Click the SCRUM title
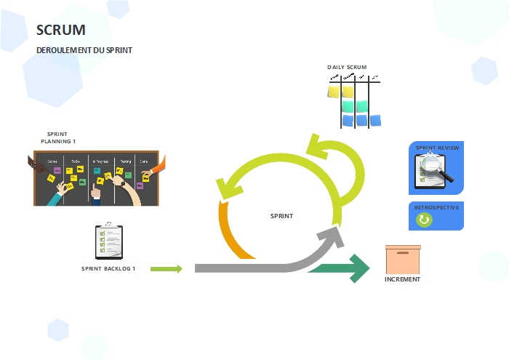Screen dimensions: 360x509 [61, 30]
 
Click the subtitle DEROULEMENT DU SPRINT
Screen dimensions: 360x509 [84, 50]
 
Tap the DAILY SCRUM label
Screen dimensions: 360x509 [347, 67]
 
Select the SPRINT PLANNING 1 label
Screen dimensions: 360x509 [58, 138]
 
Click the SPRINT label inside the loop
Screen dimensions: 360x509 [281, 216]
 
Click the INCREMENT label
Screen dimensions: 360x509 [402, 279]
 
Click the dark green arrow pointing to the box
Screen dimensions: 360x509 [342, 268]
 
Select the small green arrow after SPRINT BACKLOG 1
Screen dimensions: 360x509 [167, 268]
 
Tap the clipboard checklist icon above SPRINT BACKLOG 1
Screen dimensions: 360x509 [108, 241]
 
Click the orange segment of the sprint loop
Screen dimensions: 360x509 [230, 232]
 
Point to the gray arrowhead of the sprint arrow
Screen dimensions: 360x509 [332, 238]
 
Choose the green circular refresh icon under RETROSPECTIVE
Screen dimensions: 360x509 [423, 220]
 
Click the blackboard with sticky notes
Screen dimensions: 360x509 [96, 178]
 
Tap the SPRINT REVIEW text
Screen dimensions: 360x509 [437, 148]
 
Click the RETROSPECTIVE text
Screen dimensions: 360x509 [436, 207]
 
